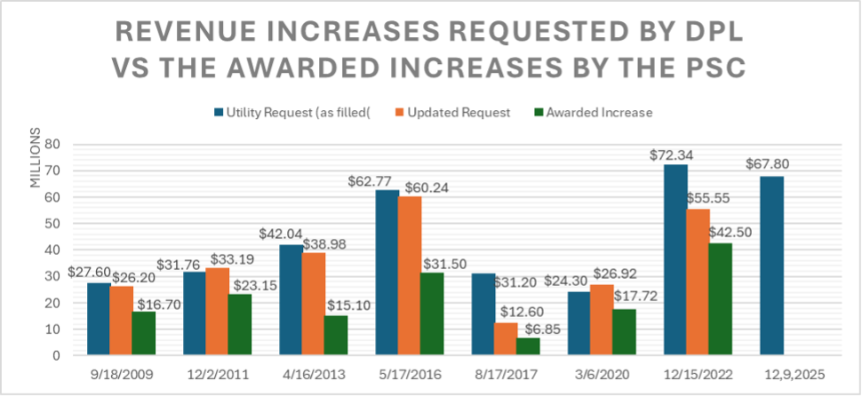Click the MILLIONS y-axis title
pyautogui.click(x=36, y=160)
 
